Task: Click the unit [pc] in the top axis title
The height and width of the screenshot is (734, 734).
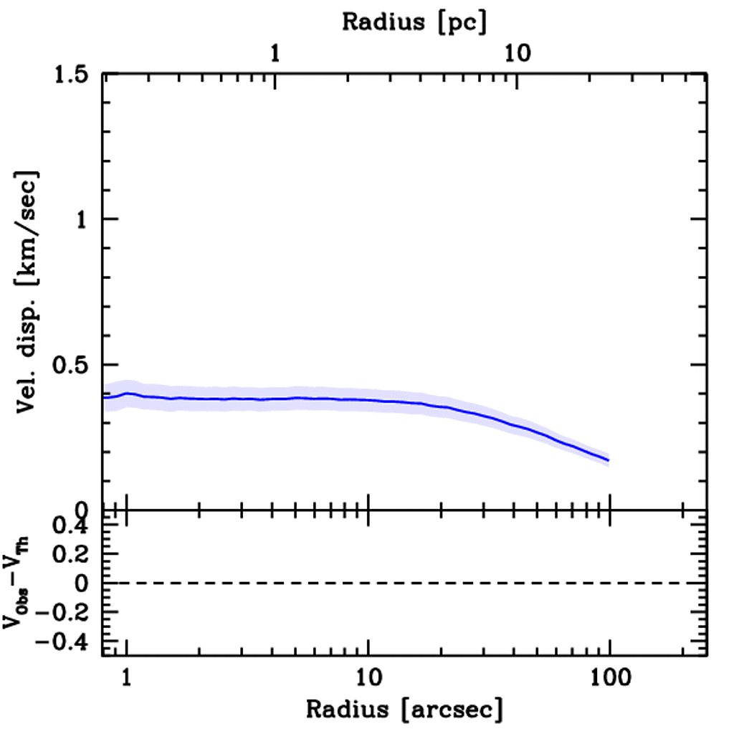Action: pyautogui.click(x=464, y=22)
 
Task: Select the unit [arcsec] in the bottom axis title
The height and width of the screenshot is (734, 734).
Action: pyautogui.click(x=453, y=710)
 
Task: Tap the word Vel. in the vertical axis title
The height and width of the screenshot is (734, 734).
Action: pyautogui.click(x=29, y=396)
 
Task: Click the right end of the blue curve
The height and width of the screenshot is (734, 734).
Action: pyautogui.click(x=609, y=460)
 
